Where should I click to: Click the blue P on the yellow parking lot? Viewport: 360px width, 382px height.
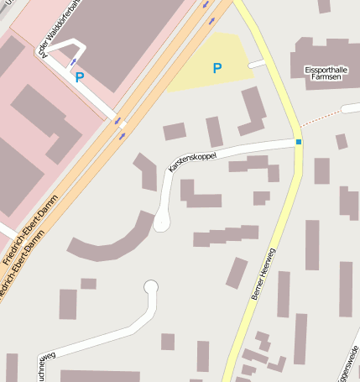[217, 68]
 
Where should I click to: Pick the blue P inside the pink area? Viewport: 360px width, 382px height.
[80, 77]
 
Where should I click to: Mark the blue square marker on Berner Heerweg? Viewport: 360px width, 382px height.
[298, 142]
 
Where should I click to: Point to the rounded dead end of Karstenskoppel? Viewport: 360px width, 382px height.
[161, 222]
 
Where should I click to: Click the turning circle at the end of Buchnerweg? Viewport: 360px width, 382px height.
[151, 287]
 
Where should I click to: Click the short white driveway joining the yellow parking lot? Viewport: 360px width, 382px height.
[257, 63]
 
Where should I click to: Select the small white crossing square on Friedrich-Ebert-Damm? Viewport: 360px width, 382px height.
[123, 125]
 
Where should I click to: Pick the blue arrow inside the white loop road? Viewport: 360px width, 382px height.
[74, 60]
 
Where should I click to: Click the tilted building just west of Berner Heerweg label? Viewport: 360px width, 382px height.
[237, 273]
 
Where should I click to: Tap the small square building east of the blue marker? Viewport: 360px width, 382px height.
[341, 141]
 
